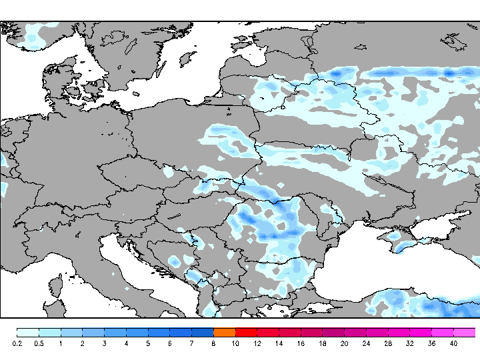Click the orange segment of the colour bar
click(x=225, y=332)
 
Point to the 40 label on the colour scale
click(x=453, y=343)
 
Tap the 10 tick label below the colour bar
click(x=235, y=343)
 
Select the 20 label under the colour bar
click(x=344, y=343)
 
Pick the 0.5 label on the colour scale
click(x=39, y=343)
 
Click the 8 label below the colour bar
click(x=213, y=343)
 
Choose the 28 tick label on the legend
click(x=388, y=343)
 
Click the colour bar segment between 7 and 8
click(x=203, y=332)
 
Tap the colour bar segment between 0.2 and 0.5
click(x=28, y=332)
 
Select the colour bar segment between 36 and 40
click(x=443, y=332)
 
